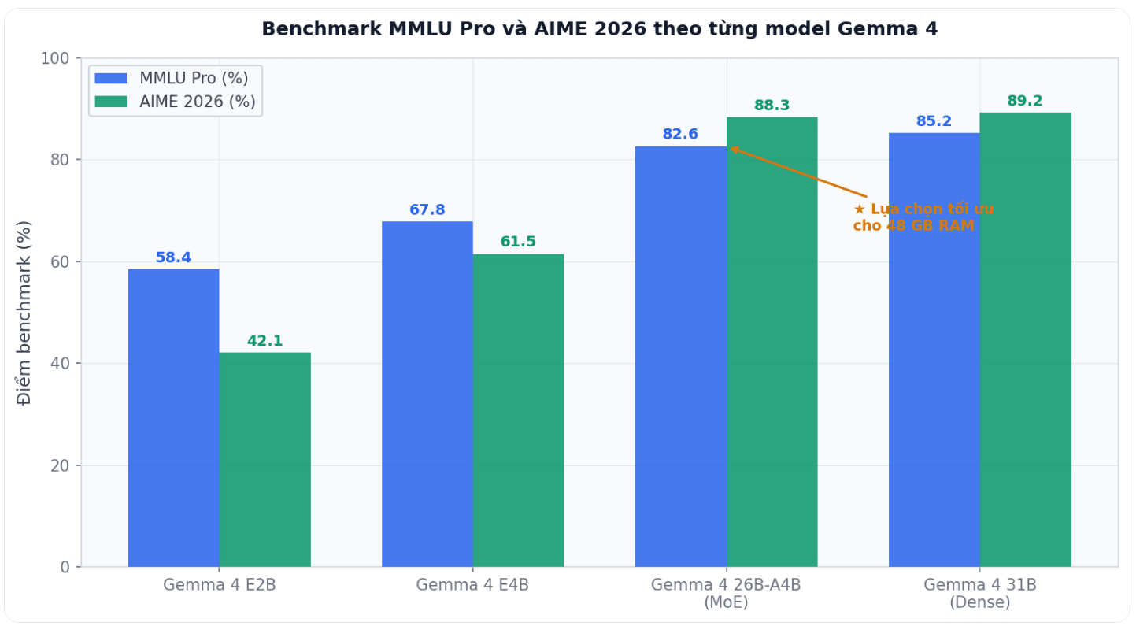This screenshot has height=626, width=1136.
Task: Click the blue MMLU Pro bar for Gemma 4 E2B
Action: [x=173, y=417]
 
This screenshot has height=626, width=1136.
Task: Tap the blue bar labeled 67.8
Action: [x=427, y=394]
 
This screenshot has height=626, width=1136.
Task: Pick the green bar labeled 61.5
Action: [x=518, y=409]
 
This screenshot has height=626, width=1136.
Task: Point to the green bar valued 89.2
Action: [x=1025, y=339]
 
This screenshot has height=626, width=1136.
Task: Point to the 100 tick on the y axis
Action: [x=59, y=58]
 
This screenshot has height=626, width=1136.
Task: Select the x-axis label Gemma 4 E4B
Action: [x=472, y=585]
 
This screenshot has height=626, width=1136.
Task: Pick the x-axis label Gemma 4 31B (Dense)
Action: [x=980, y=594]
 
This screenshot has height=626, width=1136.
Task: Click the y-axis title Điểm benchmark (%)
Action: [x=25, y=313]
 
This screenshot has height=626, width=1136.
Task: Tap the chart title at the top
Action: [x=599, y=29]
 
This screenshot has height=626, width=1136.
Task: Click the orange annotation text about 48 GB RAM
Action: [x=923, y=217]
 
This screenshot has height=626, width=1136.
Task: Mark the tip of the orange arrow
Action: [x=730, y=147]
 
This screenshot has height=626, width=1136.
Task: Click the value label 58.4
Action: [x=173, y=257]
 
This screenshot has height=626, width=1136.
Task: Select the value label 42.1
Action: [x=265, y=341]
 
